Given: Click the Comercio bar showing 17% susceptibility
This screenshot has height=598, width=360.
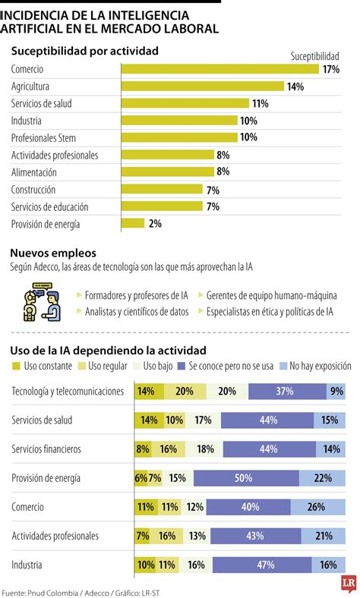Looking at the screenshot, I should (220, 69).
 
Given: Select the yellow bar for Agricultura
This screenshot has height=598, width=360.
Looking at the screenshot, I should (203, 87).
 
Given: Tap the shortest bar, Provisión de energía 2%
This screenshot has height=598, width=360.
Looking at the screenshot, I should (133, 223).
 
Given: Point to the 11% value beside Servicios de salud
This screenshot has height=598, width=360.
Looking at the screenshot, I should (261, 104).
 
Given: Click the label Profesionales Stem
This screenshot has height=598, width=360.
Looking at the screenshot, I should (43, 138).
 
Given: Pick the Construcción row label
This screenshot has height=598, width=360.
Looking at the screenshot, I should (33, 190).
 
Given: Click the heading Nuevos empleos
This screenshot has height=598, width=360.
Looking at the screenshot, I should (53, 253).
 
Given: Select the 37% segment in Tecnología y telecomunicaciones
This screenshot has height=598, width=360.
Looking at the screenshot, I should (285, 392).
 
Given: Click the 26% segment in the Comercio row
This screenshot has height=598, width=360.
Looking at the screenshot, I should (315, 507).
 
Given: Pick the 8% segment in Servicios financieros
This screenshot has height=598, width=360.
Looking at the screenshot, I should (143, 449).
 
